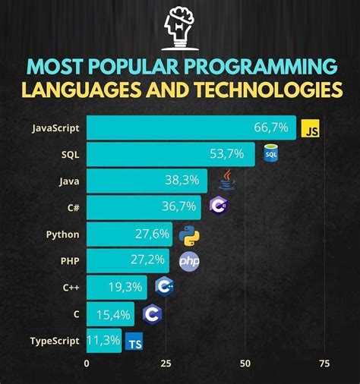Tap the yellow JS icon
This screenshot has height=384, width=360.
pos(311,130)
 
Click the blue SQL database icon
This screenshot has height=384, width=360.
pos(270,154)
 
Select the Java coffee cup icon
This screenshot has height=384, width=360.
pos(226,179)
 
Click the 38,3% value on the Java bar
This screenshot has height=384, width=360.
pos(182,180)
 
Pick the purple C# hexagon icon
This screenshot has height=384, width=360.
pos(218,206)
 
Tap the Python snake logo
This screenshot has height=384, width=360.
pos(189,234)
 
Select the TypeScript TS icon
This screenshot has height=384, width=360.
pos(134,342)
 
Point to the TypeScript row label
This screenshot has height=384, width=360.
pos(55,340)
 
